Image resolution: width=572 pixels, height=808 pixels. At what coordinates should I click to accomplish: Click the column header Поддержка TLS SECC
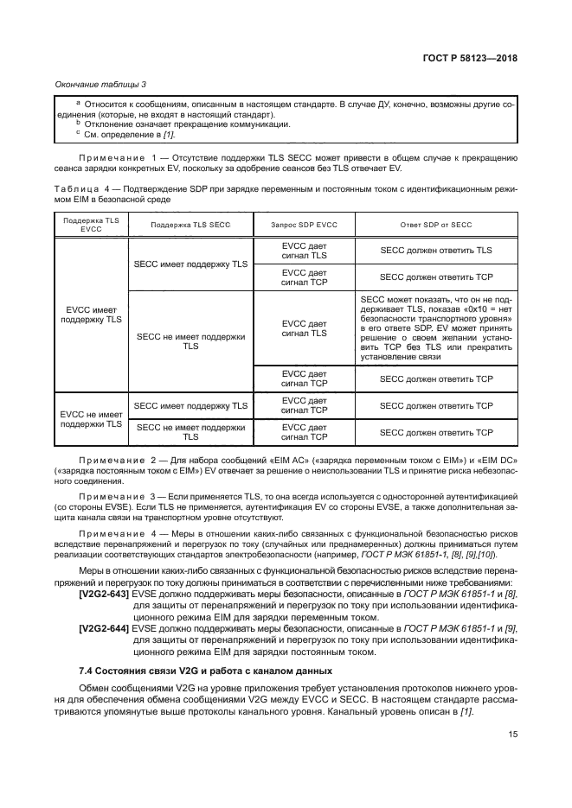click(190, 225)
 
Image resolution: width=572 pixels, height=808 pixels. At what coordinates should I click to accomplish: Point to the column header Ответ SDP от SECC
click(436, 225)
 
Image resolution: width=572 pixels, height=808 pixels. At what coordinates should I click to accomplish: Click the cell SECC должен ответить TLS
click(436, 250)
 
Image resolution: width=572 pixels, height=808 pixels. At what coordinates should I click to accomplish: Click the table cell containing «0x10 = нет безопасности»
click(436, 328)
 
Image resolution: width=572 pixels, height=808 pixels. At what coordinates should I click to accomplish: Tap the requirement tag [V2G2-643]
click(104, 595)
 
